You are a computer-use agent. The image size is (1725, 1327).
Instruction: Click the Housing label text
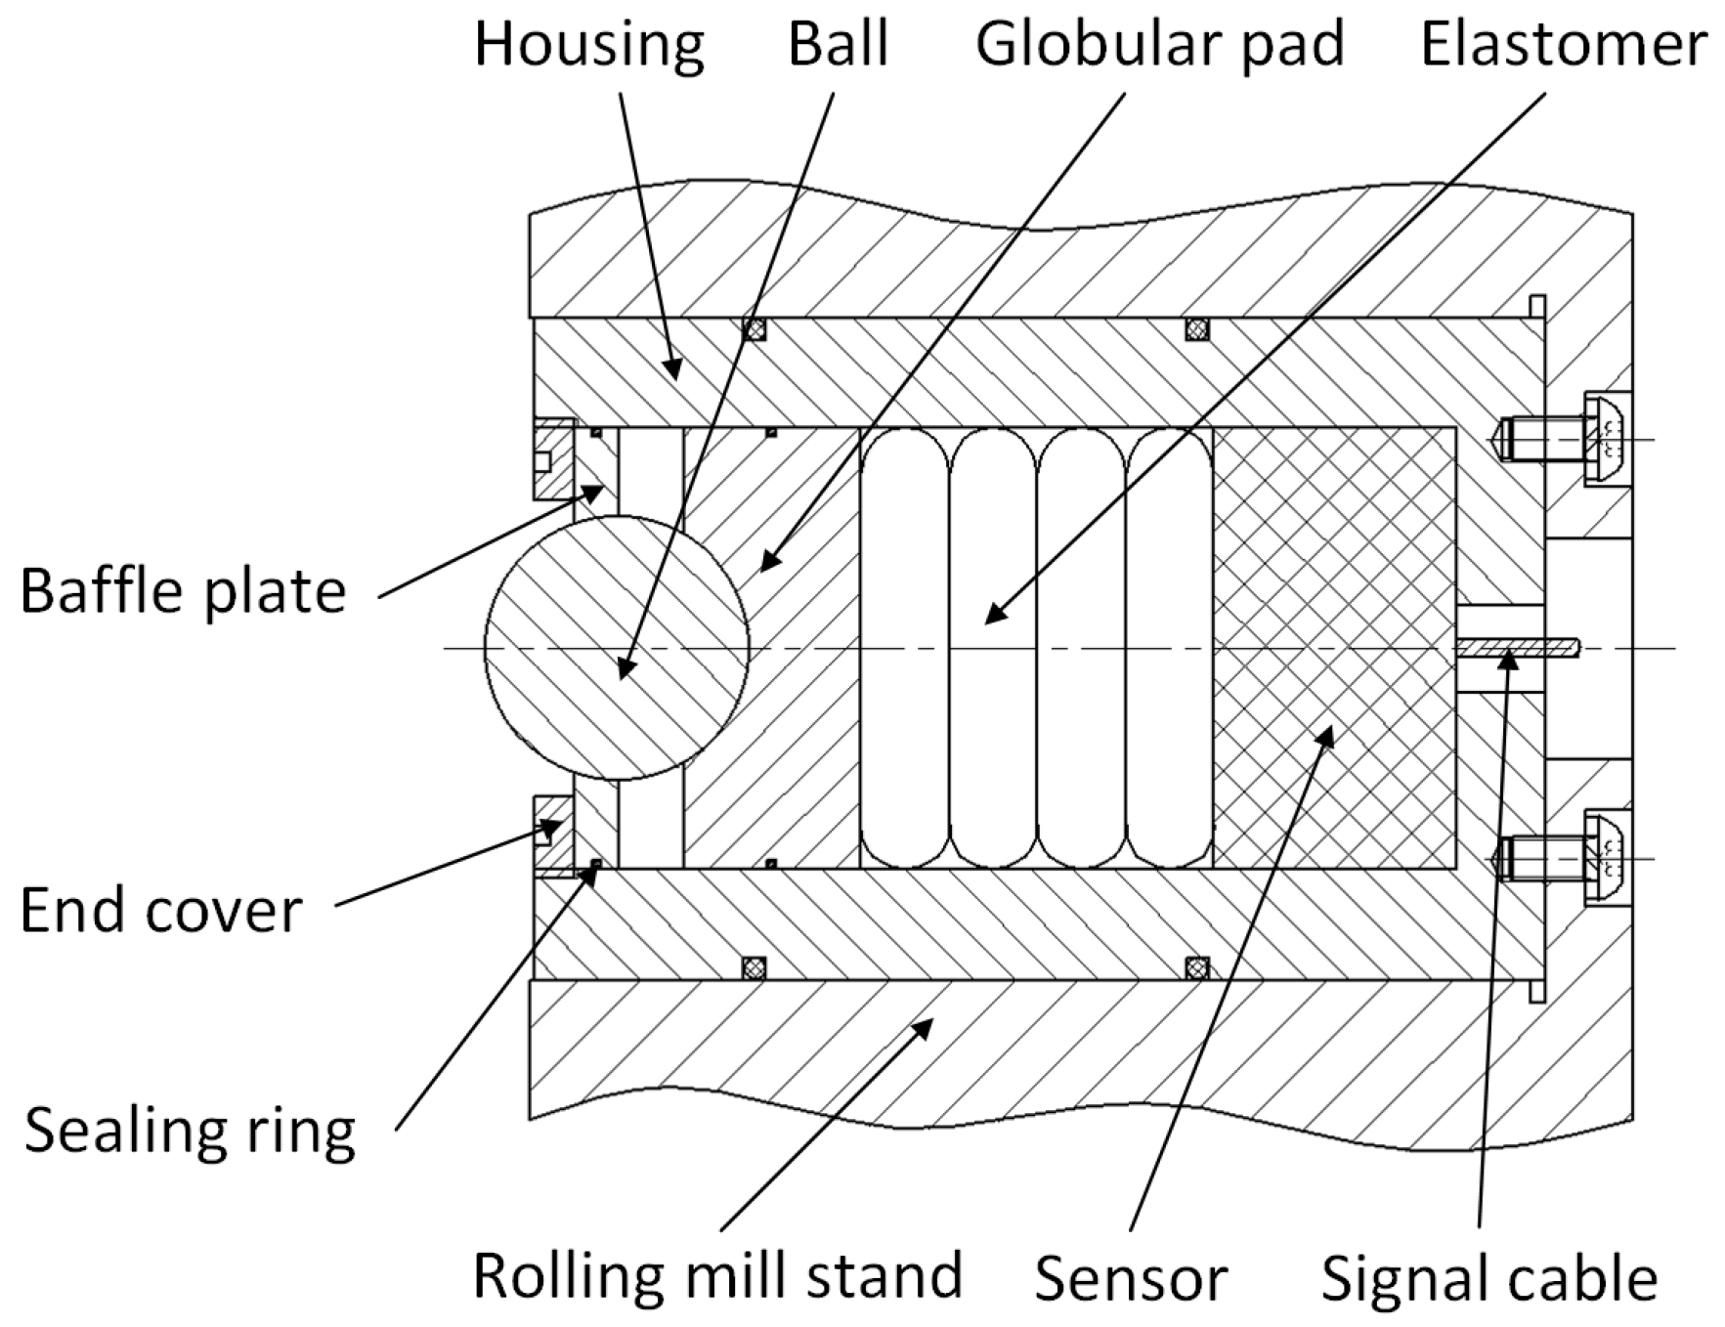(x=589, y=45)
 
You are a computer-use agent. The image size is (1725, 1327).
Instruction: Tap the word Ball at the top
(x=838, y=45)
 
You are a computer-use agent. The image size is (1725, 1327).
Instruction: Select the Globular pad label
(x=1159, y=45)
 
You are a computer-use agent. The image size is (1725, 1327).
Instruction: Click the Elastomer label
(x=1563, y=45)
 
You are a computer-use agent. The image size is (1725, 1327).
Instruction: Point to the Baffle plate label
(x=183, y=591)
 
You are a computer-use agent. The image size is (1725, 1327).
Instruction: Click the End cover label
(x=160, y=911)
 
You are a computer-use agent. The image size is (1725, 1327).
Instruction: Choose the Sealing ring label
(x=190, y=1131)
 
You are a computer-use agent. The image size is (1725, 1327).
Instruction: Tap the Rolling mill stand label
(x=717, y=1275)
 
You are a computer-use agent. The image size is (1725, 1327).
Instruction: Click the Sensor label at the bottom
(x=1131, y=1278)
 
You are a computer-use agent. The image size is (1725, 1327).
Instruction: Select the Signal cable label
(x=1488, y=1278)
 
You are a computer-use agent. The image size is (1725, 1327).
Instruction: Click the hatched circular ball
(x=617, y=648)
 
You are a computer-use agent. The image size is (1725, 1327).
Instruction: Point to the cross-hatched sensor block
(x=1334, y=648)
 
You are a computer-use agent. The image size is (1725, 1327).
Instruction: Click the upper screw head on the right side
(x=1606, y=439)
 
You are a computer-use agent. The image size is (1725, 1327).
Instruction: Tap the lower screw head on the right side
(x=1606, y=858)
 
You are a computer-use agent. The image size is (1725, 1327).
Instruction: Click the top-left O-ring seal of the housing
(x=755, y=329)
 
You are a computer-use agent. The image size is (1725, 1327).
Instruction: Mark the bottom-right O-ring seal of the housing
(x=1196, y=967)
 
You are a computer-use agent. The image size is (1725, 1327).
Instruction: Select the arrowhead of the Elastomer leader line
(x=992, y=615)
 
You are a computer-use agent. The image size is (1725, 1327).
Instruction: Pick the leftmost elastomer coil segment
(x=905, y=648)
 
